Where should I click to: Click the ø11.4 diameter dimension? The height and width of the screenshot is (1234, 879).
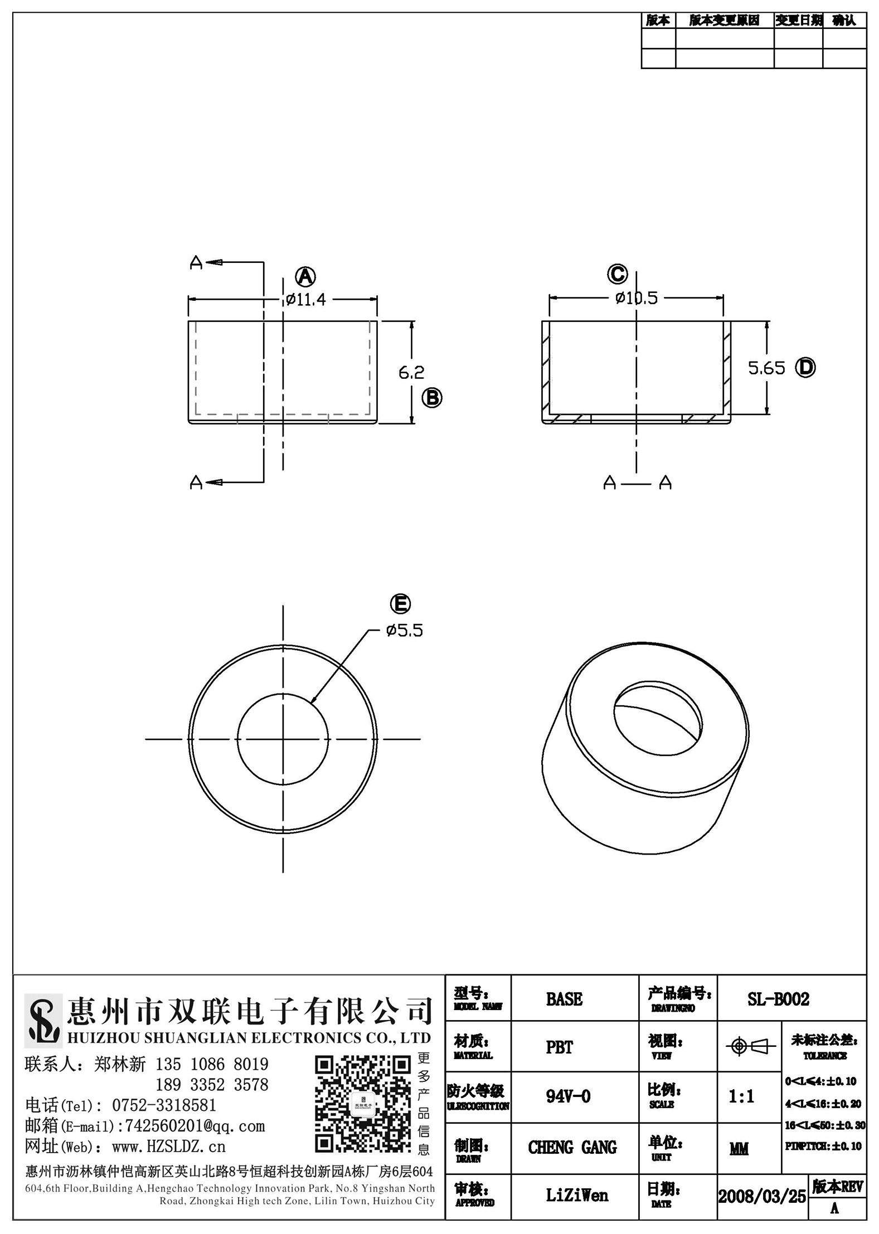[305, 300]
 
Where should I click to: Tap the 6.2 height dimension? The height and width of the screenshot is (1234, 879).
[411, 372]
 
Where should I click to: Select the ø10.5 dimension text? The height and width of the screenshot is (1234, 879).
[637, 298]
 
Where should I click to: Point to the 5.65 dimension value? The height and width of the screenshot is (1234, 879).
[766, 368]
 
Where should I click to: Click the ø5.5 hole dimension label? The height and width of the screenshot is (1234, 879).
[405, 630]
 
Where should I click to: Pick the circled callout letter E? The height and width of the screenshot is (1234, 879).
[400, 604]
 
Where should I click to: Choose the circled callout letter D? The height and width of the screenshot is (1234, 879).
[805, 367]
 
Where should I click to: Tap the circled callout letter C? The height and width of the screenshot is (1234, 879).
[617, 274]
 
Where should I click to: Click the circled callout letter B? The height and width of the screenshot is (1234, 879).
[431, 398]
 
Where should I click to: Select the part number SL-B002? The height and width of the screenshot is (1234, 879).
[778, 999]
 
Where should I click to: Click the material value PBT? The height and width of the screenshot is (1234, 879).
[559, 1047]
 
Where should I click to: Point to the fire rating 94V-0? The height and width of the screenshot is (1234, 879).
[568, 1096]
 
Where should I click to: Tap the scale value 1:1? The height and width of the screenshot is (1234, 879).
[741, 1096]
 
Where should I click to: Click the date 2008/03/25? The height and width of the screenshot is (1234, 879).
[762, 1196]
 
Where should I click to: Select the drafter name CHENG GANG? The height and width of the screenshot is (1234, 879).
[572, 1147]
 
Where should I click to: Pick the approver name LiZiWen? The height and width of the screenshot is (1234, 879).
[577, 1195]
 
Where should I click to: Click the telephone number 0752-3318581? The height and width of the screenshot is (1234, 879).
[164, 1105]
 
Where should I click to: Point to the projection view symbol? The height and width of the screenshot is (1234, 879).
[750, 1047]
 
